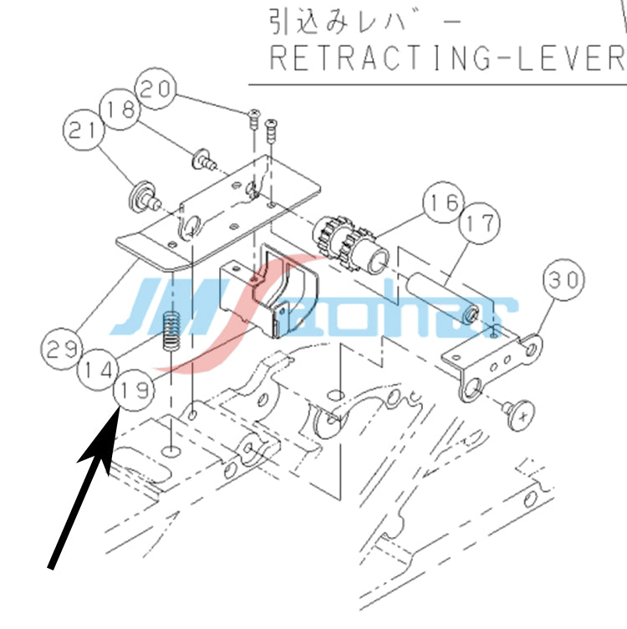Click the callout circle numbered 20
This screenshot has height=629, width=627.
155,89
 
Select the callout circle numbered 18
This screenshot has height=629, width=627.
120,109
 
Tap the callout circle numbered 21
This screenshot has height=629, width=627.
84,130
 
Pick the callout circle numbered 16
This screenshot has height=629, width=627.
444,202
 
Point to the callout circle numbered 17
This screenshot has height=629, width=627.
480,223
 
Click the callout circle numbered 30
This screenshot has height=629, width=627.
563,279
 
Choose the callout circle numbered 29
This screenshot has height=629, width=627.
61,349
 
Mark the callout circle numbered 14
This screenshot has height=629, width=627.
98,370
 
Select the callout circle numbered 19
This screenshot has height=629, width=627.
134,391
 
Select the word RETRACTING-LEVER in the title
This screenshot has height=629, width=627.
448,59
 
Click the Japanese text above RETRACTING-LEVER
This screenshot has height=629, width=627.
364,22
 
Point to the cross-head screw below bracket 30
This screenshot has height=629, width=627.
519,414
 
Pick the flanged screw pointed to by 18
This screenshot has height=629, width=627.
205,159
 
